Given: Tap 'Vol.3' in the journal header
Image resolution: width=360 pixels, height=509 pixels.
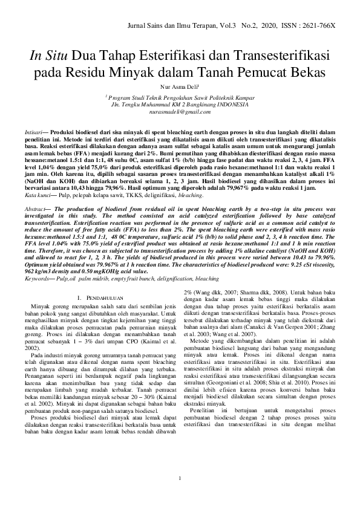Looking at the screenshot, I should coord(231,28).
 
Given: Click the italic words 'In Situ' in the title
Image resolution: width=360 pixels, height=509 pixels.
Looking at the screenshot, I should coord(49,56).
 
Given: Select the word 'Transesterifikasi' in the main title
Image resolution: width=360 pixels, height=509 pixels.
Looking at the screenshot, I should coord(278,56).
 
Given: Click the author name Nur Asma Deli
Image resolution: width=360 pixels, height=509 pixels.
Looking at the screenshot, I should coord(179,87).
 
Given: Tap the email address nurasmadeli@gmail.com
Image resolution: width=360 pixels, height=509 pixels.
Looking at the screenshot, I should coord(180,112).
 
